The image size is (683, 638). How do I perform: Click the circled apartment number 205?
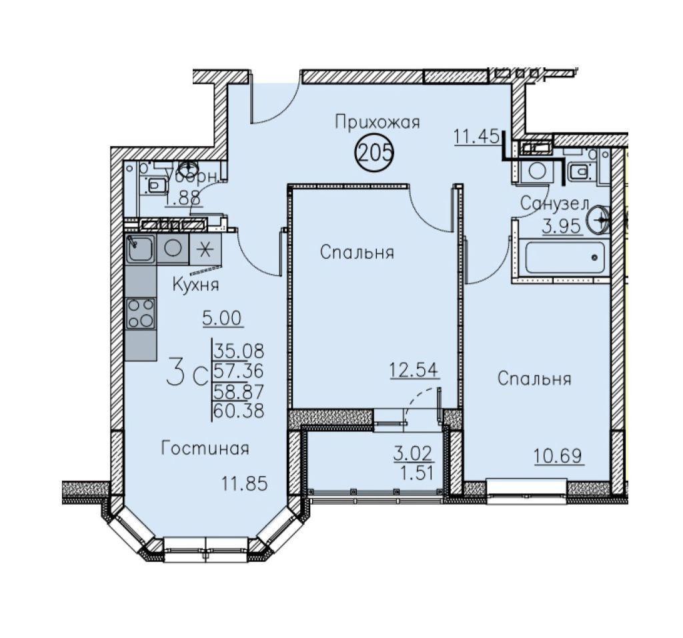(x=375, y=153)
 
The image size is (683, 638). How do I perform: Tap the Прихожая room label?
(x=378, y=123)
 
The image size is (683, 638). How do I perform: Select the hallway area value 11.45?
(x=476, y=137)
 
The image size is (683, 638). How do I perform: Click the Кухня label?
(x=195, y=285)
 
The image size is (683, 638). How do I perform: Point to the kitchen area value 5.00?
(x=222, y=319)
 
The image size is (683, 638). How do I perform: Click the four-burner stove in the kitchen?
(x=141, y=314)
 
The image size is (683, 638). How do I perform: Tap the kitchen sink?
(x=140, y=249)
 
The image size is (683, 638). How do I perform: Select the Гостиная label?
(x=205, y=448)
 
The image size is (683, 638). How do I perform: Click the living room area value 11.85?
(x=244, y=484)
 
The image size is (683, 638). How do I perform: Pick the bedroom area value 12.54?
(x=414, y=370)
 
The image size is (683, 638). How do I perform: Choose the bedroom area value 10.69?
(x=558, y=457)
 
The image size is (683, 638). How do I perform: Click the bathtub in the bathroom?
(x=565, y=258)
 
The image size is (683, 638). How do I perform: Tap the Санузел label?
(x=554, y=204)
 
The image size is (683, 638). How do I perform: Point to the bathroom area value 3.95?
(x=562, y=226)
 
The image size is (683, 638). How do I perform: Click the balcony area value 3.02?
(x=412, y=454)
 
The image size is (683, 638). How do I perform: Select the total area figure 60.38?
(x=239, y=411)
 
